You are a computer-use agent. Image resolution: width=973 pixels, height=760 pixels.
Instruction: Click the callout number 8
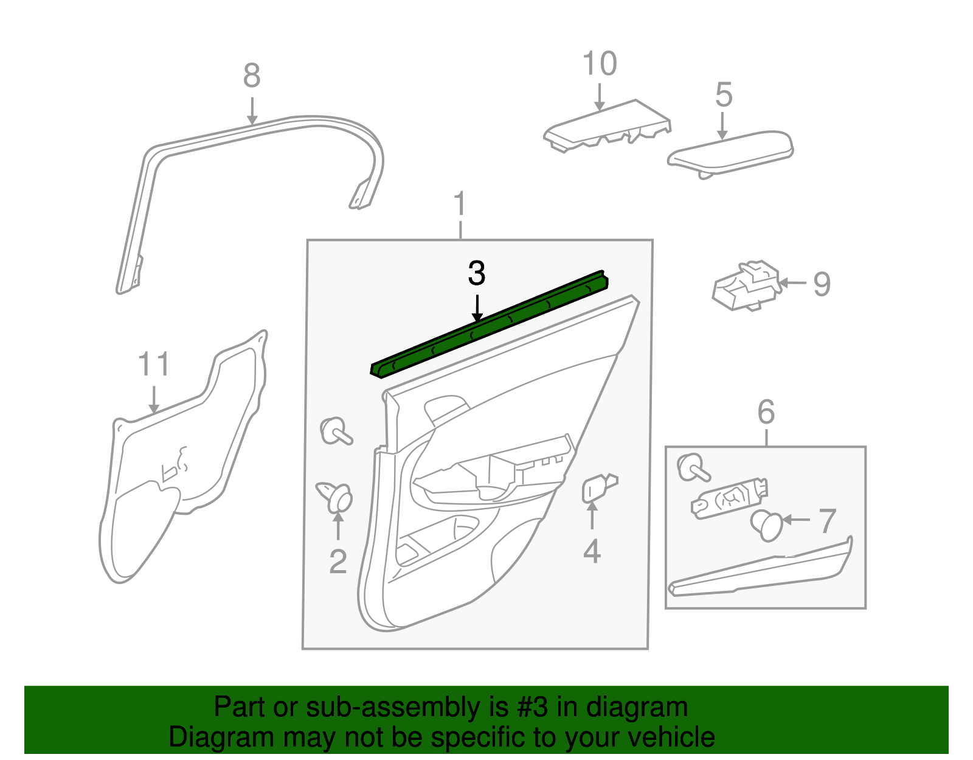(251, 76)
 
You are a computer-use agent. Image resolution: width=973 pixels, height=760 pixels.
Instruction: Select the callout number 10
(599, 64)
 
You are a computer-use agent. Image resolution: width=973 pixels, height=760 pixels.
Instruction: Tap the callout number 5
(723, 95)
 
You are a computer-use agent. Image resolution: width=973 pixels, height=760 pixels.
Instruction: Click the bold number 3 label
(477, 274)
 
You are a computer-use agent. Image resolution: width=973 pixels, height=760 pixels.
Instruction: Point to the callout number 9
(822, 284)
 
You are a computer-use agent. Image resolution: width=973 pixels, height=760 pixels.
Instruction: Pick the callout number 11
(153, 364)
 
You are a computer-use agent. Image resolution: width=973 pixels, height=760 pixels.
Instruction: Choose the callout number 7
(827, 521)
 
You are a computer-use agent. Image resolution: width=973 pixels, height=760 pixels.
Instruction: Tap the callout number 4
(592, 551)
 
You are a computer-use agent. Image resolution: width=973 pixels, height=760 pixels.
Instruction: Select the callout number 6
(766, 413)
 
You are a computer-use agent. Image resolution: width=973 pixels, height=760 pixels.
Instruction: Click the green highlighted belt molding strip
(486, 325)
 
